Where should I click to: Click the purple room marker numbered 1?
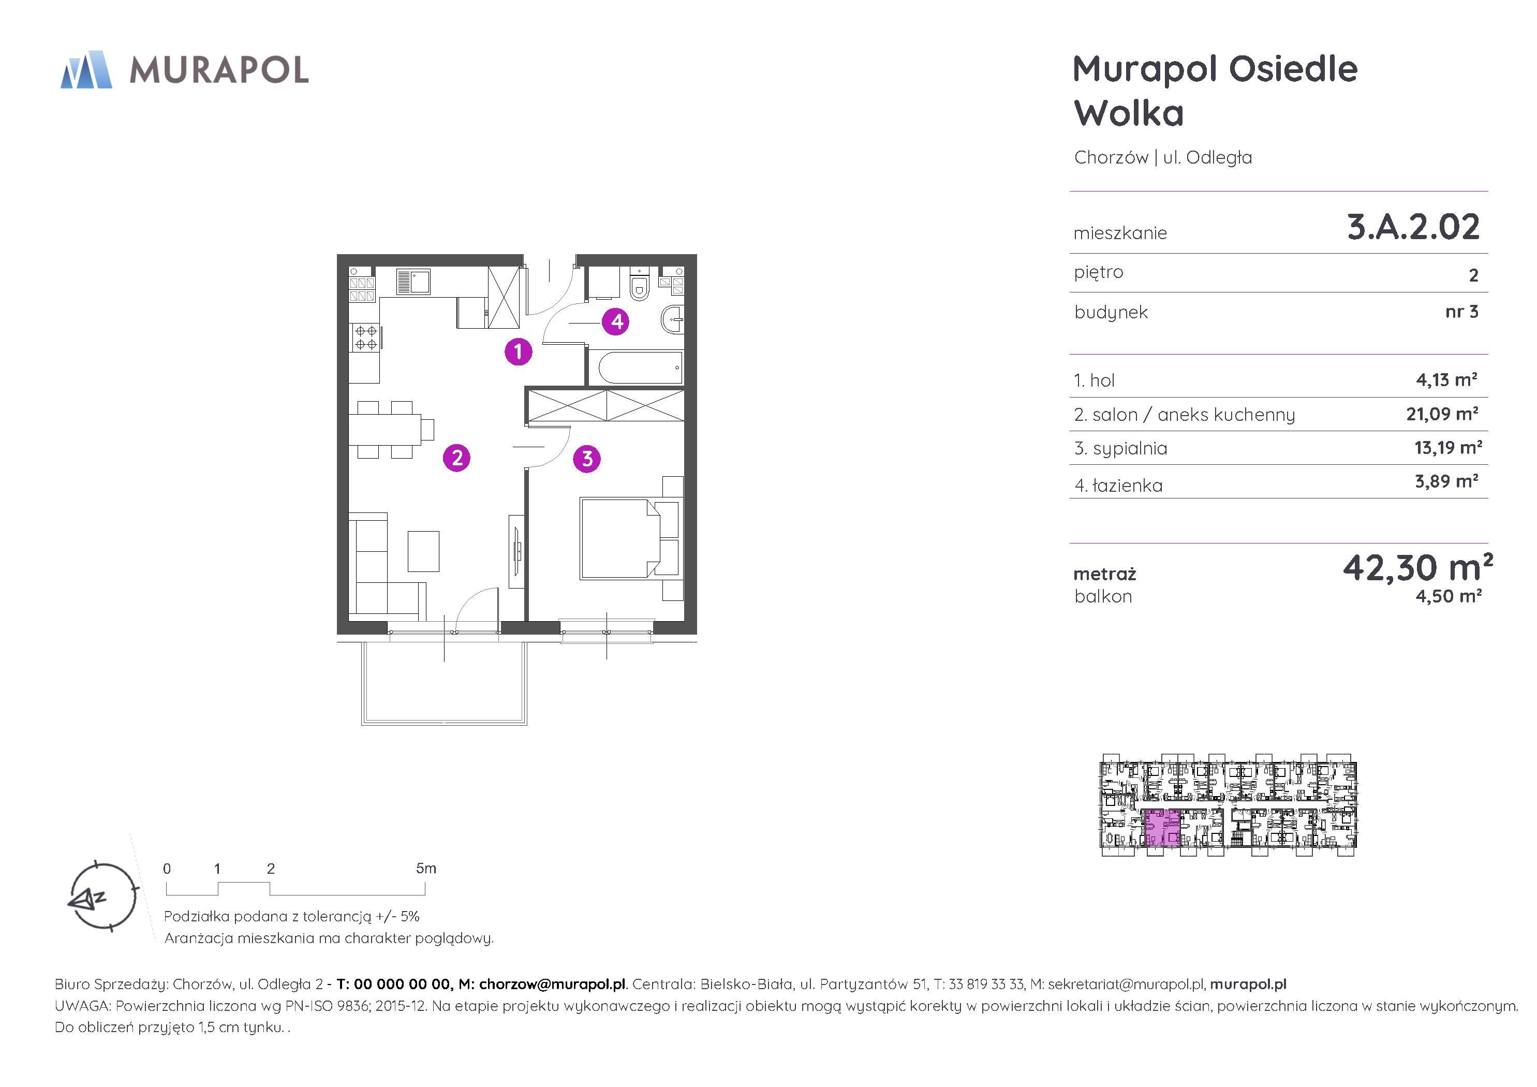coord(518,351)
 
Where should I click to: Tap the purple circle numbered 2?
coord(457,458)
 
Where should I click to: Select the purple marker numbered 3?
coord(587,459)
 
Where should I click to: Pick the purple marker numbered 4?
coord(616,322)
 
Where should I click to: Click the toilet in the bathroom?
coord(639,284)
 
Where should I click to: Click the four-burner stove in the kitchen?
coord(365,337)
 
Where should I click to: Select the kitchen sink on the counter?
coord(413,282)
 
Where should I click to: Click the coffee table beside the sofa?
coord(424,551)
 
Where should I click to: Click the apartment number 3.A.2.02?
coord(1413,227)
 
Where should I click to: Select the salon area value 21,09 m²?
coord(1442,414)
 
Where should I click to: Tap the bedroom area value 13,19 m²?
coord(1448,447)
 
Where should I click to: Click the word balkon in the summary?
coord(1103,597)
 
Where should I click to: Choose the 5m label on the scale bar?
coord(426,869)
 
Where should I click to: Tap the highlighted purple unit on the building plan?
coord(1161,829)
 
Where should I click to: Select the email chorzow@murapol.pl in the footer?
coord(552,985)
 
